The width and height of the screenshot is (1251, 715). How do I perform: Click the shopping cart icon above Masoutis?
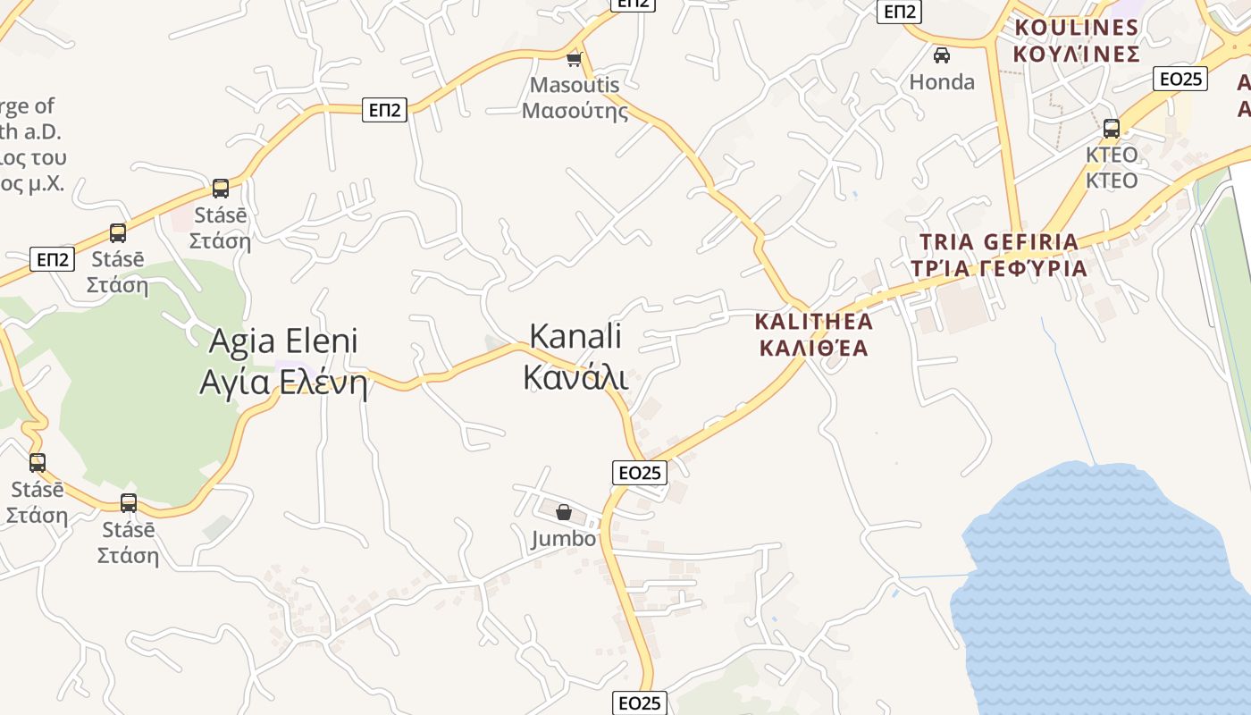[x=574, y=60]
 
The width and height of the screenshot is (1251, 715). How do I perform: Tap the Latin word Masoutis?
[x=575, y=85]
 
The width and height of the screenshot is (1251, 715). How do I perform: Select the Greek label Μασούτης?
[x=575, y=111]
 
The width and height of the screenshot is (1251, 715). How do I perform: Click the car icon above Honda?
[x=941, y=56]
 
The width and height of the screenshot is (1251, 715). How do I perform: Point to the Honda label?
[x=942, y=82]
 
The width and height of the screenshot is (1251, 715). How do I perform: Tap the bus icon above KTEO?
[x=1112, y=129]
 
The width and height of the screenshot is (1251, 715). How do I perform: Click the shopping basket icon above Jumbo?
[x=564, y=512]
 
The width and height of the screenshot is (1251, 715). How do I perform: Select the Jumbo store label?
[x=563, y=539]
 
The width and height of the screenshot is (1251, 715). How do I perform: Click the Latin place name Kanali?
[x=575, y=337]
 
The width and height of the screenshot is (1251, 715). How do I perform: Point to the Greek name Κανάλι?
[x=575, y=377]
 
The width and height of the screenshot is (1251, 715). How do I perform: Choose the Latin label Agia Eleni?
[x=283, y=341]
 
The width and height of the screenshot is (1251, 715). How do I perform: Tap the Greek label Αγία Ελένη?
[x=283, y=383]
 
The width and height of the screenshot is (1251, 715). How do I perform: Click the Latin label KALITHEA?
[x=813, y=321]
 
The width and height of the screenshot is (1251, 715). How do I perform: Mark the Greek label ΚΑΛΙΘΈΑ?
[x=813, y=348]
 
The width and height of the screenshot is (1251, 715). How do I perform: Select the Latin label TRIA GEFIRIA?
[x=999, y=241]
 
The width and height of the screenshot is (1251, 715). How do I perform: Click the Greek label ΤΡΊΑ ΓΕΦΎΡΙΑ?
[x=999, y=268]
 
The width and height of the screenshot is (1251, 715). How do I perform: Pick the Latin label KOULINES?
[x=1077, y=28]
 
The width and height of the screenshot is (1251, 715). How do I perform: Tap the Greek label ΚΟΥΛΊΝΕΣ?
[x=1077, y=54]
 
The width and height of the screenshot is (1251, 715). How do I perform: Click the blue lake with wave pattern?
[x=1099, y=590]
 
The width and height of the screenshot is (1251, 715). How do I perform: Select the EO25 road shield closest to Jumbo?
[x=640, y=473]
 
